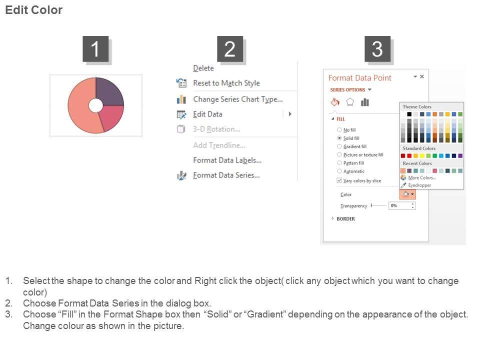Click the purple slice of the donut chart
(x=108, y=92)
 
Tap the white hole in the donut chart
(x=96, y=105)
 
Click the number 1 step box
(x=95, y=49)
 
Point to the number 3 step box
(x=377, y=49)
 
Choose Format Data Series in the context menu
(x=226, y=175)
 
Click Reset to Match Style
(x=226, y=83)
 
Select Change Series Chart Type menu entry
(x=238, y=99)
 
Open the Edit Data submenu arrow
(x=290, y=114)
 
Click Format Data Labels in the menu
(x=227, y=160)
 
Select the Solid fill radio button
(x=339, y=138)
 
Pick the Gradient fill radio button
(x=339, y=146)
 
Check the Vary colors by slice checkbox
(x=339, y=180)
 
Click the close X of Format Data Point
(x=422, y=76)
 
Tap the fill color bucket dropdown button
(x=407, y=194)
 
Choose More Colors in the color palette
(x=422, y=178)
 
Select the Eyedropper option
(x=419, y=185)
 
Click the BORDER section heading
(x=345, y=219)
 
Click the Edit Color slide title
(x=33, y=10)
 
